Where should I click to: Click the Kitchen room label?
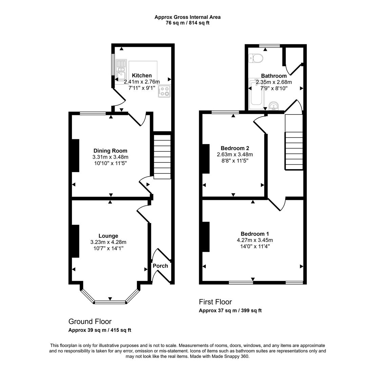pos(142,76)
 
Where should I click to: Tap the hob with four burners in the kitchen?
pos(164,91)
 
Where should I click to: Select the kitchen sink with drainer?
pos(121,72)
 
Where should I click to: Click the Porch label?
pos(160,266)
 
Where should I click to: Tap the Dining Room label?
pos(110,151)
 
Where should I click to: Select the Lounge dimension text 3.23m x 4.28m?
pos(108,242)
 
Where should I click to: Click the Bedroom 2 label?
pos(235,148)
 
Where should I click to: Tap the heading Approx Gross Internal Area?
pos(187,17)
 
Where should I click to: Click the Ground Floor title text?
pos(90,321)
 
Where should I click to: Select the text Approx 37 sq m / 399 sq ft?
pos(230,310)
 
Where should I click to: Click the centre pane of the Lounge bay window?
pos(110,302)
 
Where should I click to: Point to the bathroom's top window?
pos(269,46)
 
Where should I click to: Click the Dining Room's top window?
pos(93,114)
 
